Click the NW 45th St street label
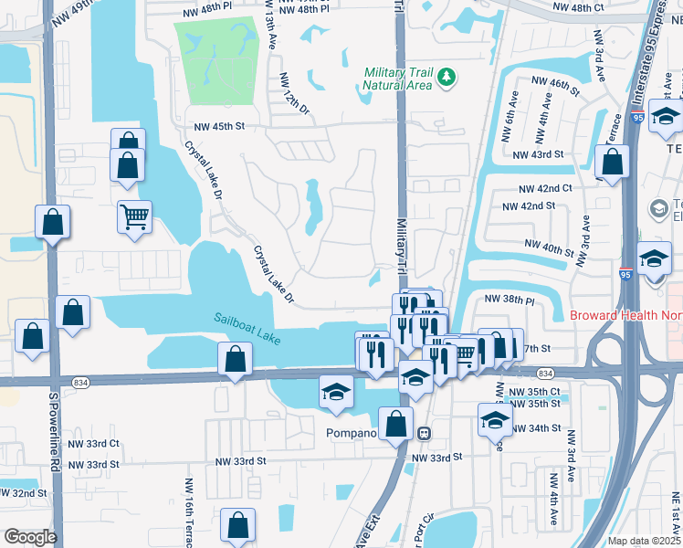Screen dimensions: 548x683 click(215, 127)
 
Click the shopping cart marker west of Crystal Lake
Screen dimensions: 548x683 click(134, 217)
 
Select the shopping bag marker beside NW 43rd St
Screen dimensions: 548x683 click(612, 163)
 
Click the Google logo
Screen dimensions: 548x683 click(30, 537)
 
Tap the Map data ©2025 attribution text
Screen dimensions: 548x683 click(644, 541)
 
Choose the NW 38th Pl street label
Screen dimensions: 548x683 click(509, 299)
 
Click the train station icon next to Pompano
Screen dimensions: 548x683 click(424, 431)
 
